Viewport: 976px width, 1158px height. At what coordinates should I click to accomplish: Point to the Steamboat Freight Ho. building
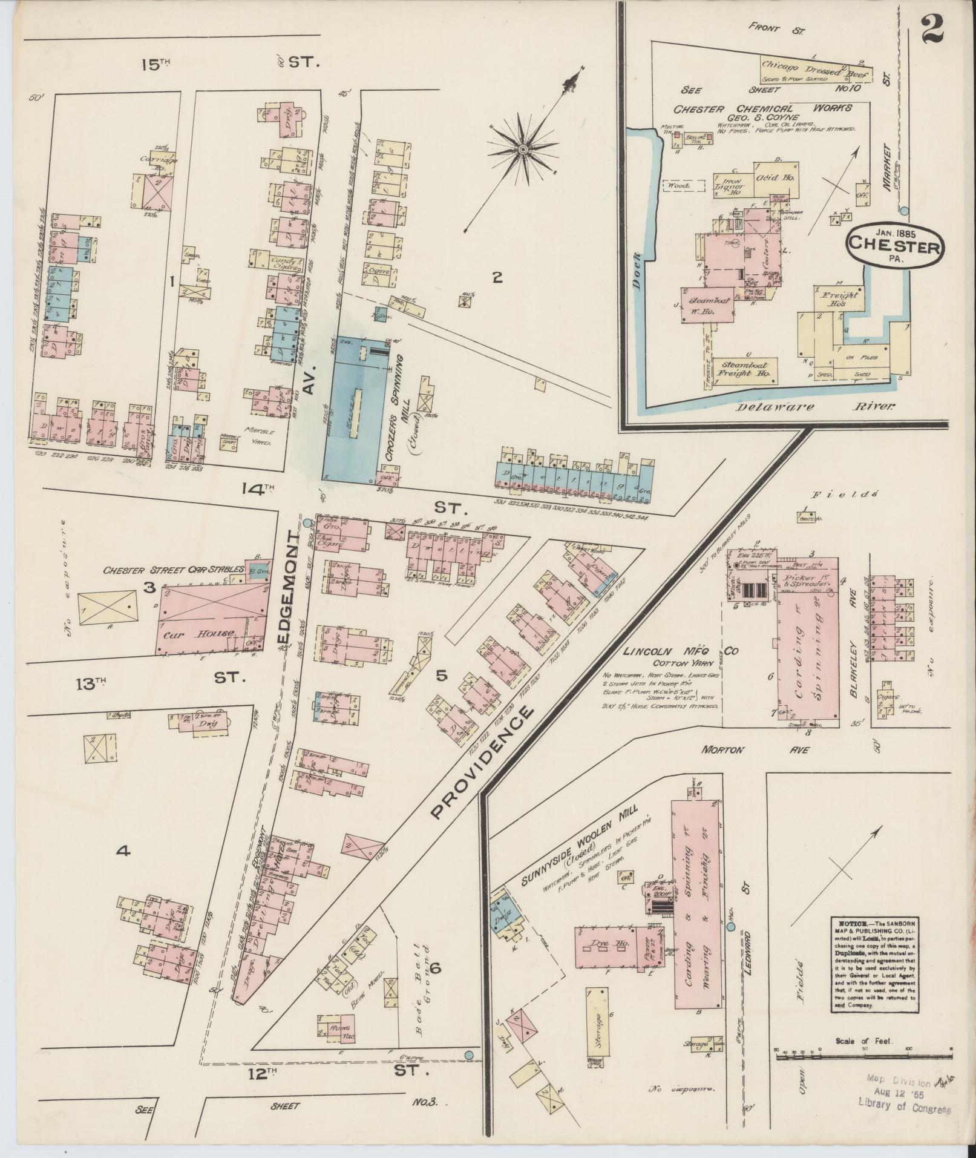pos(743,369)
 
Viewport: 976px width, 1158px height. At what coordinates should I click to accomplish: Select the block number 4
pos(123,851)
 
